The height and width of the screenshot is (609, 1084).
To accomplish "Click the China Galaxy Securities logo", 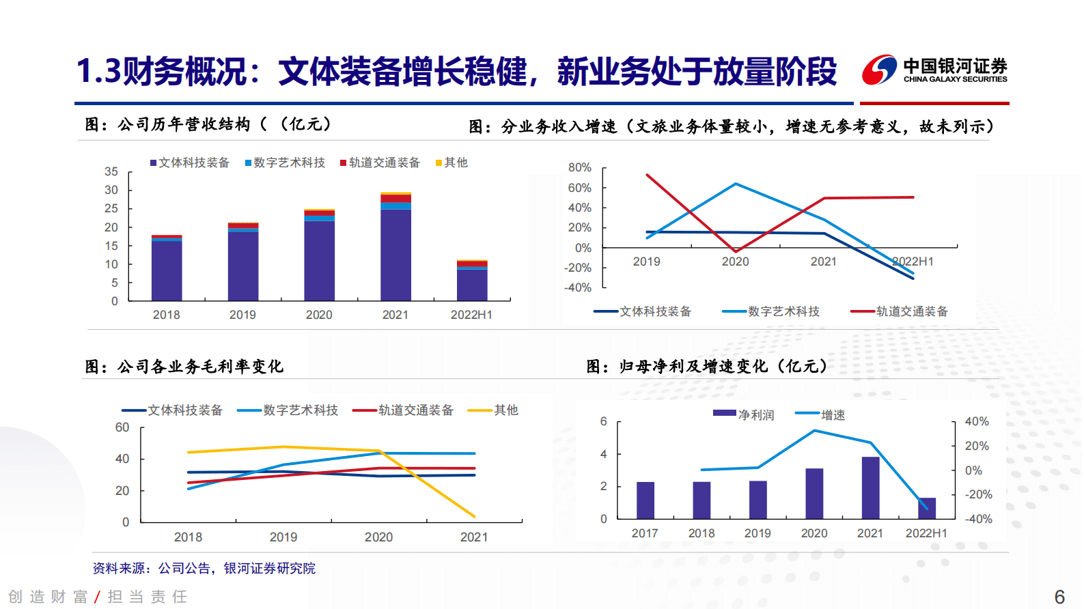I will [x=934, y=70].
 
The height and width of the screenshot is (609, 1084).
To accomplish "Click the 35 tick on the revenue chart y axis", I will [x=111, y=171].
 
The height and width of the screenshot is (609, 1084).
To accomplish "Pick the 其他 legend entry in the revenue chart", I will [x=451, y=162].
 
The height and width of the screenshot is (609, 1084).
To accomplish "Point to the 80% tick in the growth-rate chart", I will [x=579, y=167].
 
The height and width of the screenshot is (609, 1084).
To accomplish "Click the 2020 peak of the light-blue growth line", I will [x=736, y=184].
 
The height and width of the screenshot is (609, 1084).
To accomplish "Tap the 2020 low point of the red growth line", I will [x=735, y=251].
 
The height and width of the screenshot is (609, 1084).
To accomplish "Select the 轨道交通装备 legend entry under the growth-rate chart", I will [x=900, y=311].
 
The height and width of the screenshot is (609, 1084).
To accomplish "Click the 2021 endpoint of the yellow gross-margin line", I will [x=474, y=516].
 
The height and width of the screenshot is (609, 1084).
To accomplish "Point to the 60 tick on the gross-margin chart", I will [x=122, y=427].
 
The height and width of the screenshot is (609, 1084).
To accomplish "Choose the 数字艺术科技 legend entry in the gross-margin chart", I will [x=288, y=410].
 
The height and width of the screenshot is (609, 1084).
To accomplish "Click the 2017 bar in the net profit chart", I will [x=645, y=500].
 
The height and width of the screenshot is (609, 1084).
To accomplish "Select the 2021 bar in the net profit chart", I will [x=870, y=488].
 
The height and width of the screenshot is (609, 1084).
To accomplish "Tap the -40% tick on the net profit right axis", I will [x=978, y=519].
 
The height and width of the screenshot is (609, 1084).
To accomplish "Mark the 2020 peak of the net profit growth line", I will [x=814, y=431].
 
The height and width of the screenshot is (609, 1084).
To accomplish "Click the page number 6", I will [x=1059, y=597].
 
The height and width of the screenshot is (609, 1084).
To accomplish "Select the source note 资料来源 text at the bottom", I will [x=204, y=568].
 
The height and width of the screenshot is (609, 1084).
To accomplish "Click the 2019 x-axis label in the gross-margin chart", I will [x=283, y=537].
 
